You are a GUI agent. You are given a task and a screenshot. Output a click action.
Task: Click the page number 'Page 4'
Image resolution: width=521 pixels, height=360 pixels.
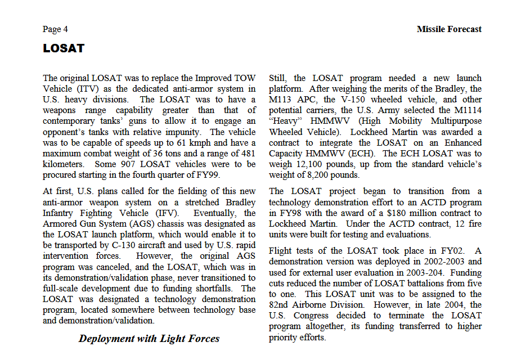point(55,29)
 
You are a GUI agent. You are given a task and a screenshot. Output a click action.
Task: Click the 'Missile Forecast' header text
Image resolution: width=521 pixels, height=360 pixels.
point(449,29)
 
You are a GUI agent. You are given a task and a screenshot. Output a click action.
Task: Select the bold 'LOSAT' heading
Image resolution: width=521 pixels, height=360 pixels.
point(64,48)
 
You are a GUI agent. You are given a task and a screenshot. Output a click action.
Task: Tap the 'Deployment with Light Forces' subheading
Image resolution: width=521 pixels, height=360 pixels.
point(149,338)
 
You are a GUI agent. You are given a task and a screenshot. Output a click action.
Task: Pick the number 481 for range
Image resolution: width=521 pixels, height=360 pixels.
point(248,153)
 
